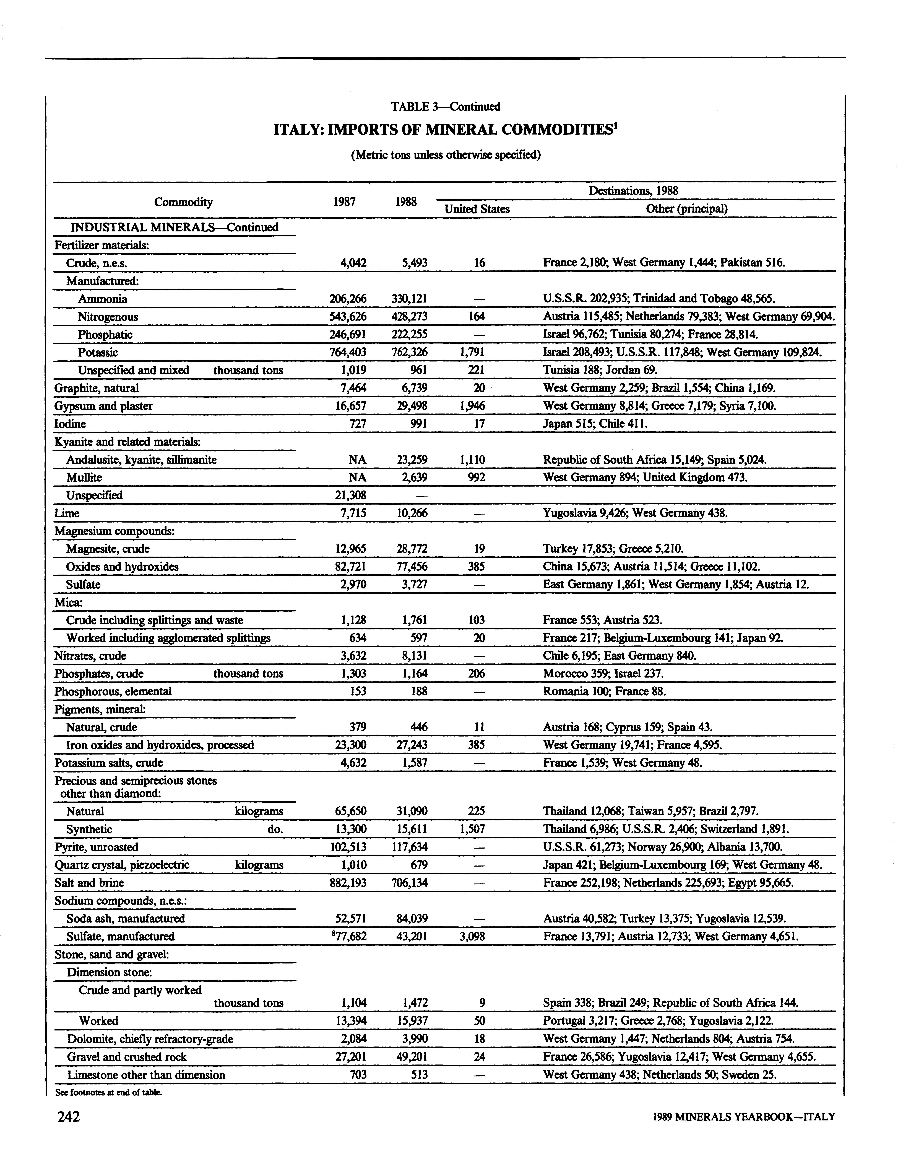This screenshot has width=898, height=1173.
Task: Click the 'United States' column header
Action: tap(477, 209)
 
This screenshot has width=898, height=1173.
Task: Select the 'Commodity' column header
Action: tap(183, 202)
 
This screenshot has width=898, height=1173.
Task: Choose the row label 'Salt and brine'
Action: tap(89, 883)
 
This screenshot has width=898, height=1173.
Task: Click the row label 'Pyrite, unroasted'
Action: tap(96, 847)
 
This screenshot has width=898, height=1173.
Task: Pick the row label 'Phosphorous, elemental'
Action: tap(113, 691)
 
